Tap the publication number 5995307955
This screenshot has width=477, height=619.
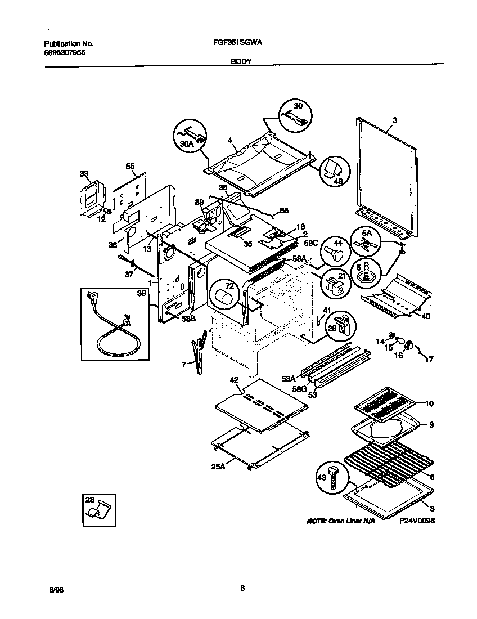pos(65,52)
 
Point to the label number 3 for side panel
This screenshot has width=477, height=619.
pos(395,120)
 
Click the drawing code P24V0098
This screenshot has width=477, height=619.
pos(418,521)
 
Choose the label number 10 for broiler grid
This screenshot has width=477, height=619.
pos(430,403)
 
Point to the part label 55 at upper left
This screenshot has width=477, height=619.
pos(130,167)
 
